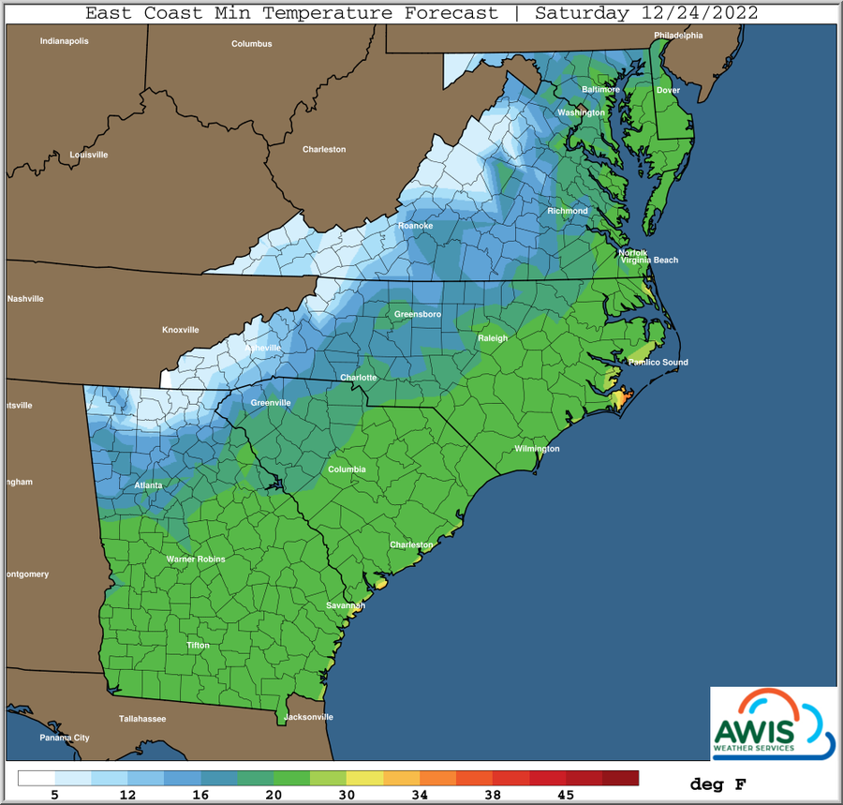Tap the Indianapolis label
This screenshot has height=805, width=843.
pos(64,41)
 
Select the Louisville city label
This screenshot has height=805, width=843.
pos(89,155)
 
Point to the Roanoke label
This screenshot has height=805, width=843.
pos(414,227)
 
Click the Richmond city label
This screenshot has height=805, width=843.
pos(568,211)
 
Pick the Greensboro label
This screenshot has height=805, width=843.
pos(418,314)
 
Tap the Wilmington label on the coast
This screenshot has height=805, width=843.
pos(537,449)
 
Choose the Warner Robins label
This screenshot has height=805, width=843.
pos(196,559)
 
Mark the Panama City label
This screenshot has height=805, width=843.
pos(65,738)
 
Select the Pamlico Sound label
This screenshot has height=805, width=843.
pos(658,362)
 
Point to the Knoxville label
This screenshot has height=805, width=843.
pos(181,330)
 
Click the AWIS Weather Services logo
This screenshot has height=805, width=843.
pos(772,723)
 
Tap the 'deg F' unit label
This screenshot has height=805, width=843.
pos(719,783)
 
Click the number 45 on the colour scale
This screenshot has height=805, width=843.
pos(567,795)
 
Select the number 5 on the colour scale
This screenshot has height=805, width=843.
pos(55,795)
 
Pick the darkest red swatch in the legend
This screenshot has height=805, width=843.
pos(620,778)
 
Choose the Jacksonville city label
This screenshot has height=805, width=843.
pos(308,717)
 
